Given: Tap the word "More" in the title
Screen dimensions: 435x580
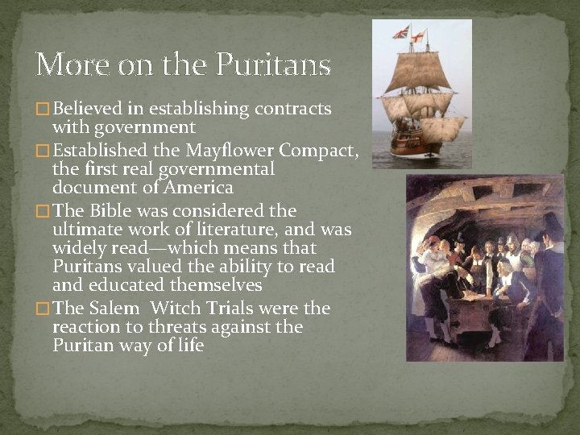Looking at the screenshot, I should click(67, 64).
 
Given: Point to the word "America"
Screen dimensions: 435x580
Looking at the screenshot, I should click(197, 188).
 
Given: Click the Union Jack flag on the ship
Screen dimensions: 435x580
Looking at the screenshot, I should click(400, 32).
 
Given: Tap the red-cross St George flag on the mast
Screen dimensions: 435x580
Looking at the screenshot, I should click(418, 36).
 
